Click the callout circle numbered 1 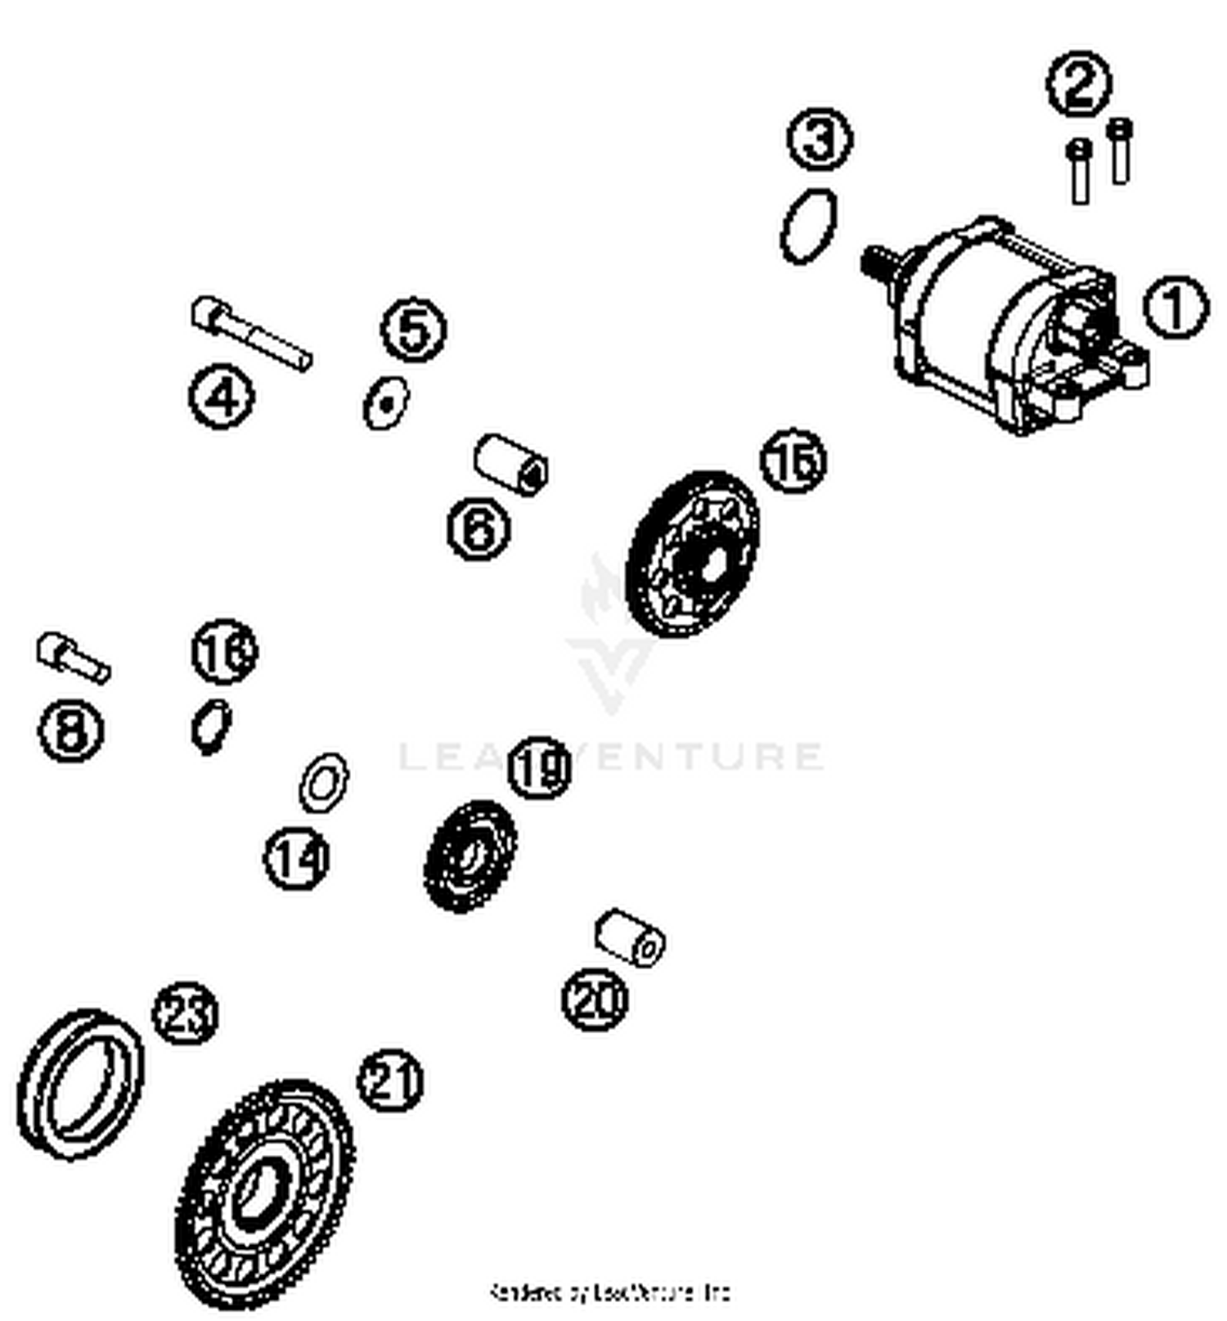click(x=1175, y=308)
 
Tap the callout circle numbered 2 click(x=1079, y=83)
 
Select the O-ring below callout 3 click(x=808, y=226)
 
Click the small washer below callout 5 click(x=386, y=402)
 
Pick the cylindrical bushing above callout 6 click(x=511, y=464)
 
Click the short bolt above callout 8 click(x=72, y=658)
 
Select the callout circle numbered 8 click(x=71, y=730)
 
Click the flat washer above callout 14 click(x=323, y=783)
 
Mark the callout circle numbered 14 click(x=296, y=858)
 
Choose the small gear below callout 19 click(x=470, y=856)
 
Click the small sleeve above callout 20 click(x=629, y=937)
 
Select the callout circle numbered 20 click(x=595, y=999)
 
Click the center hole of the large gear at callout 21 click(x=260, y=1197)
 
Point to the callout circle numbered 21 click(x=390, y=1081)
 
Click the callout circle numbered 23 click(x=186, y=1013)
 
